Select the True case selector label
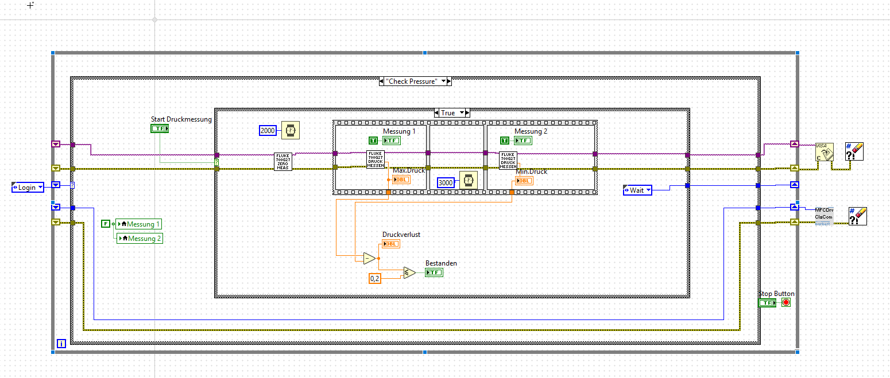point(448,113)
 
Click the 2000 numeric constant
point(268,131)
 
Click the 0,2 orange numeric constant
point(374,278)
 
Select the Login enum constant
point(27,188)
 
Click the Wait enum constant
point(637,190)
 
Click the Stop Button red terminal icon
point(785,302)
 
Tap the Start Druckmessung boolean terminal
point(160,128)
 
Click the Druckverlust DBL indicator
point(391,244)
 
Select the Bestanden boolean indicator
point(434,272)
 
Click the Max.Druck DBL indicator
point(401,180)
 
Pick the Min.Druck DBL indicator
point(524,181)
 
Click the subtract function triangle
point(369,259)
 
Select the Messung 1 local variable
point(139,224)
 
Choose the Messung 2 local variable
point(140,238)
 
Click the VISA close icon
point(824,152)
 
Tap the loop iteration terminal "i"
point(61,344)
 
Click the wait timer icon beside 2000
point(291,131)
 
